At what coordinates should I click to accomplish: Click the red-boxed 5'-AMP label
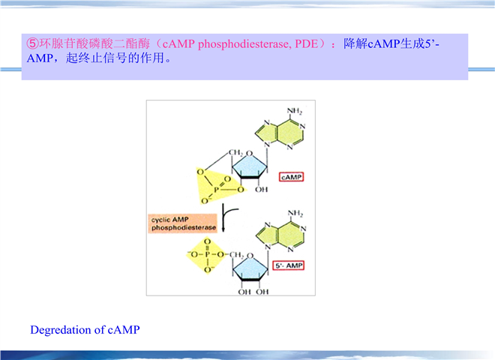click(x=289, y=265)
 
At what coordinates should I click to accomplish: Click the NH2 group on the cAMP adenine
click(x=294, y=112)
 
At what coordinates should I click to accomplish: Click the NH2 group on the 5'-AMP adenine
click(x=294, y=213)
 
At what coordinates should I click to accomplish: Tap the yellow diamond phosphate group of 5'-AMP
click(x=207, y=256)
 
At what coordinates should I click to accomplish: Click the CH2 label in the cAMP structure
click(x=233, y=152)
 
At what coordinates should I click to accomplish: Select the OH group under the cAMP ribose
click(x=260, y=190)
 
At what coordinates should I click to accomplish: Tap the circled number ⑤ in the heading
click(x=31, y=44)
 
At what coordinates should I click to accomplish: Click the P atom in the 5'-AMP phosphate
click(x=207, y=255)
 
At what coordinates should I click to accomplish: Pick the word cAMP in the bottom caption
click(x=124, y=330)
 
